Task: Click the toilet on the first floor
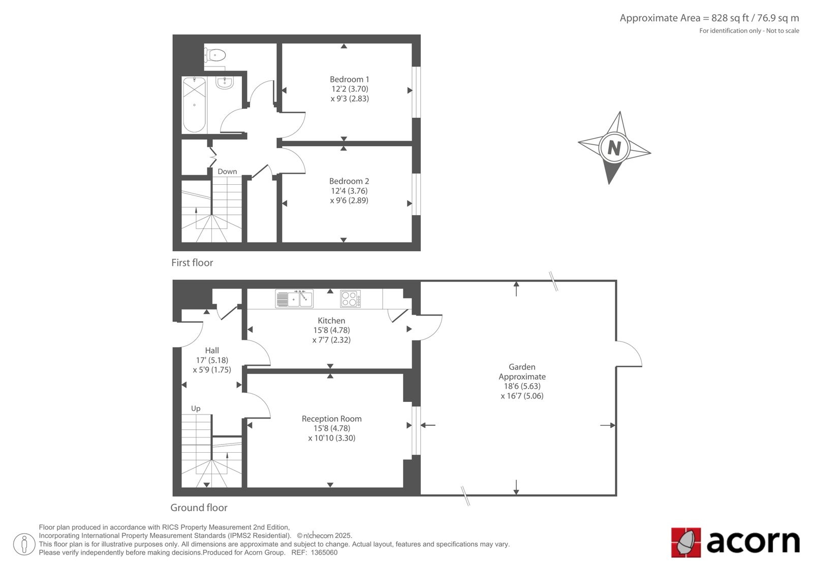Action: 215,55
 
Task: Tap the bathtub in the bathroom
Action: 194,105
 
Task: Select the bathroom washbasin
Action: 225,83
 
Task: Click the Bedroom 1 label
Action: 349,79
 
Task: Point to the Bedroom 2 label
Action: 349,181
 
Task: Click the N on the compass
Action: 614,148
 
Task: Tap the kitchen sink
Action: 294,298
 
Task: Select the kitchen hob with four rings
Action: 350,299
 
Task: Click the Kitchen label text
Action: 331,321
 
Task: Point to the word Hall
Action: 212,350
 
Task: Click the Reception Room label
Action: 332,418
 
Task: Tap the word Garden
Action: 522,366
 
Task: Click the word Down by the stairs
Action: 227,172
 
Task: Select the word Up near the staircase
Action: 196,409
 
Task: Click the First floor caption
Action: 192,262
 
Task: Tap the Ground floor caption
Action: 199,508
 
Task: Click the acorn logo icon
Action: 685,543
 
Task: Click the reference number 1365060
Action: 324,553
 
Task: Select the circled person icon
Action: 24,544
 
